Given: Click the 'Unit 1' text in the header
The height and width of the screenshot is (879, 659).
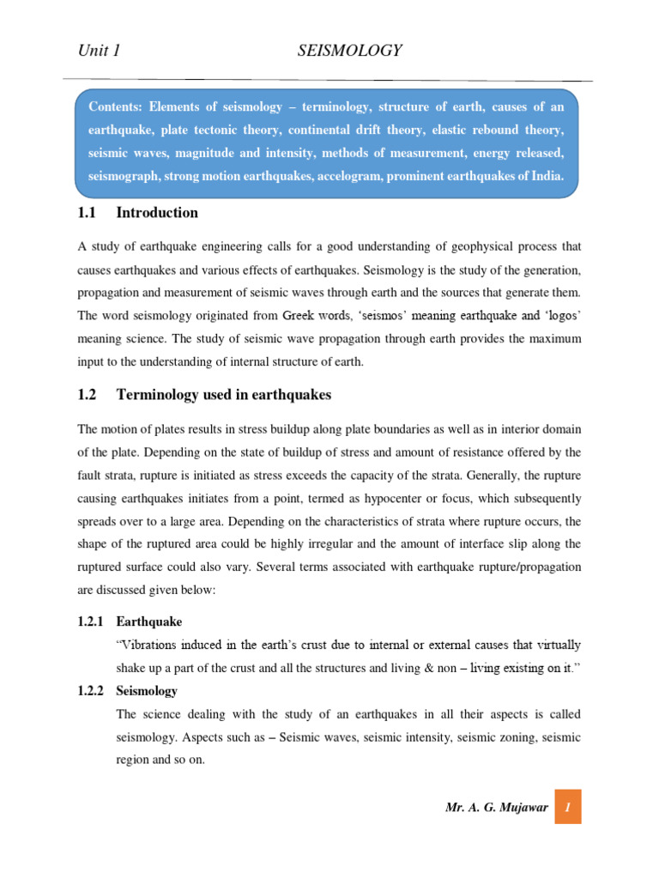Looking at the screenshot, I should [99, 52].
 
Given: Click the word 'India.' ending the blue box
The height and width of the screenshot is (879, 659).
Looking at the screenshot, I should [547, 176].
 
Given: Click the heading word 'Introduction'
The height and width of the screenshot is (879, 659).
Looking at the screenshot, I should [157, 213].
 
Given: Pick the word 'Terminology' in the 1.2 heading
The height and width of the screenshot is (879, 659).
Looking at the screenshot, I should [160, 395].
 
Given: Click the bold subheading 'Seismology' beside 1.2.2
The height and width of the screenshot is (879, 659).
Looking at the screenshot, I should [147, 690].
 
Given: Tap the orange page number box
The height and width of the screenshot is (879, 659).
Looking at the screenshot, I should [567, 808].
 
